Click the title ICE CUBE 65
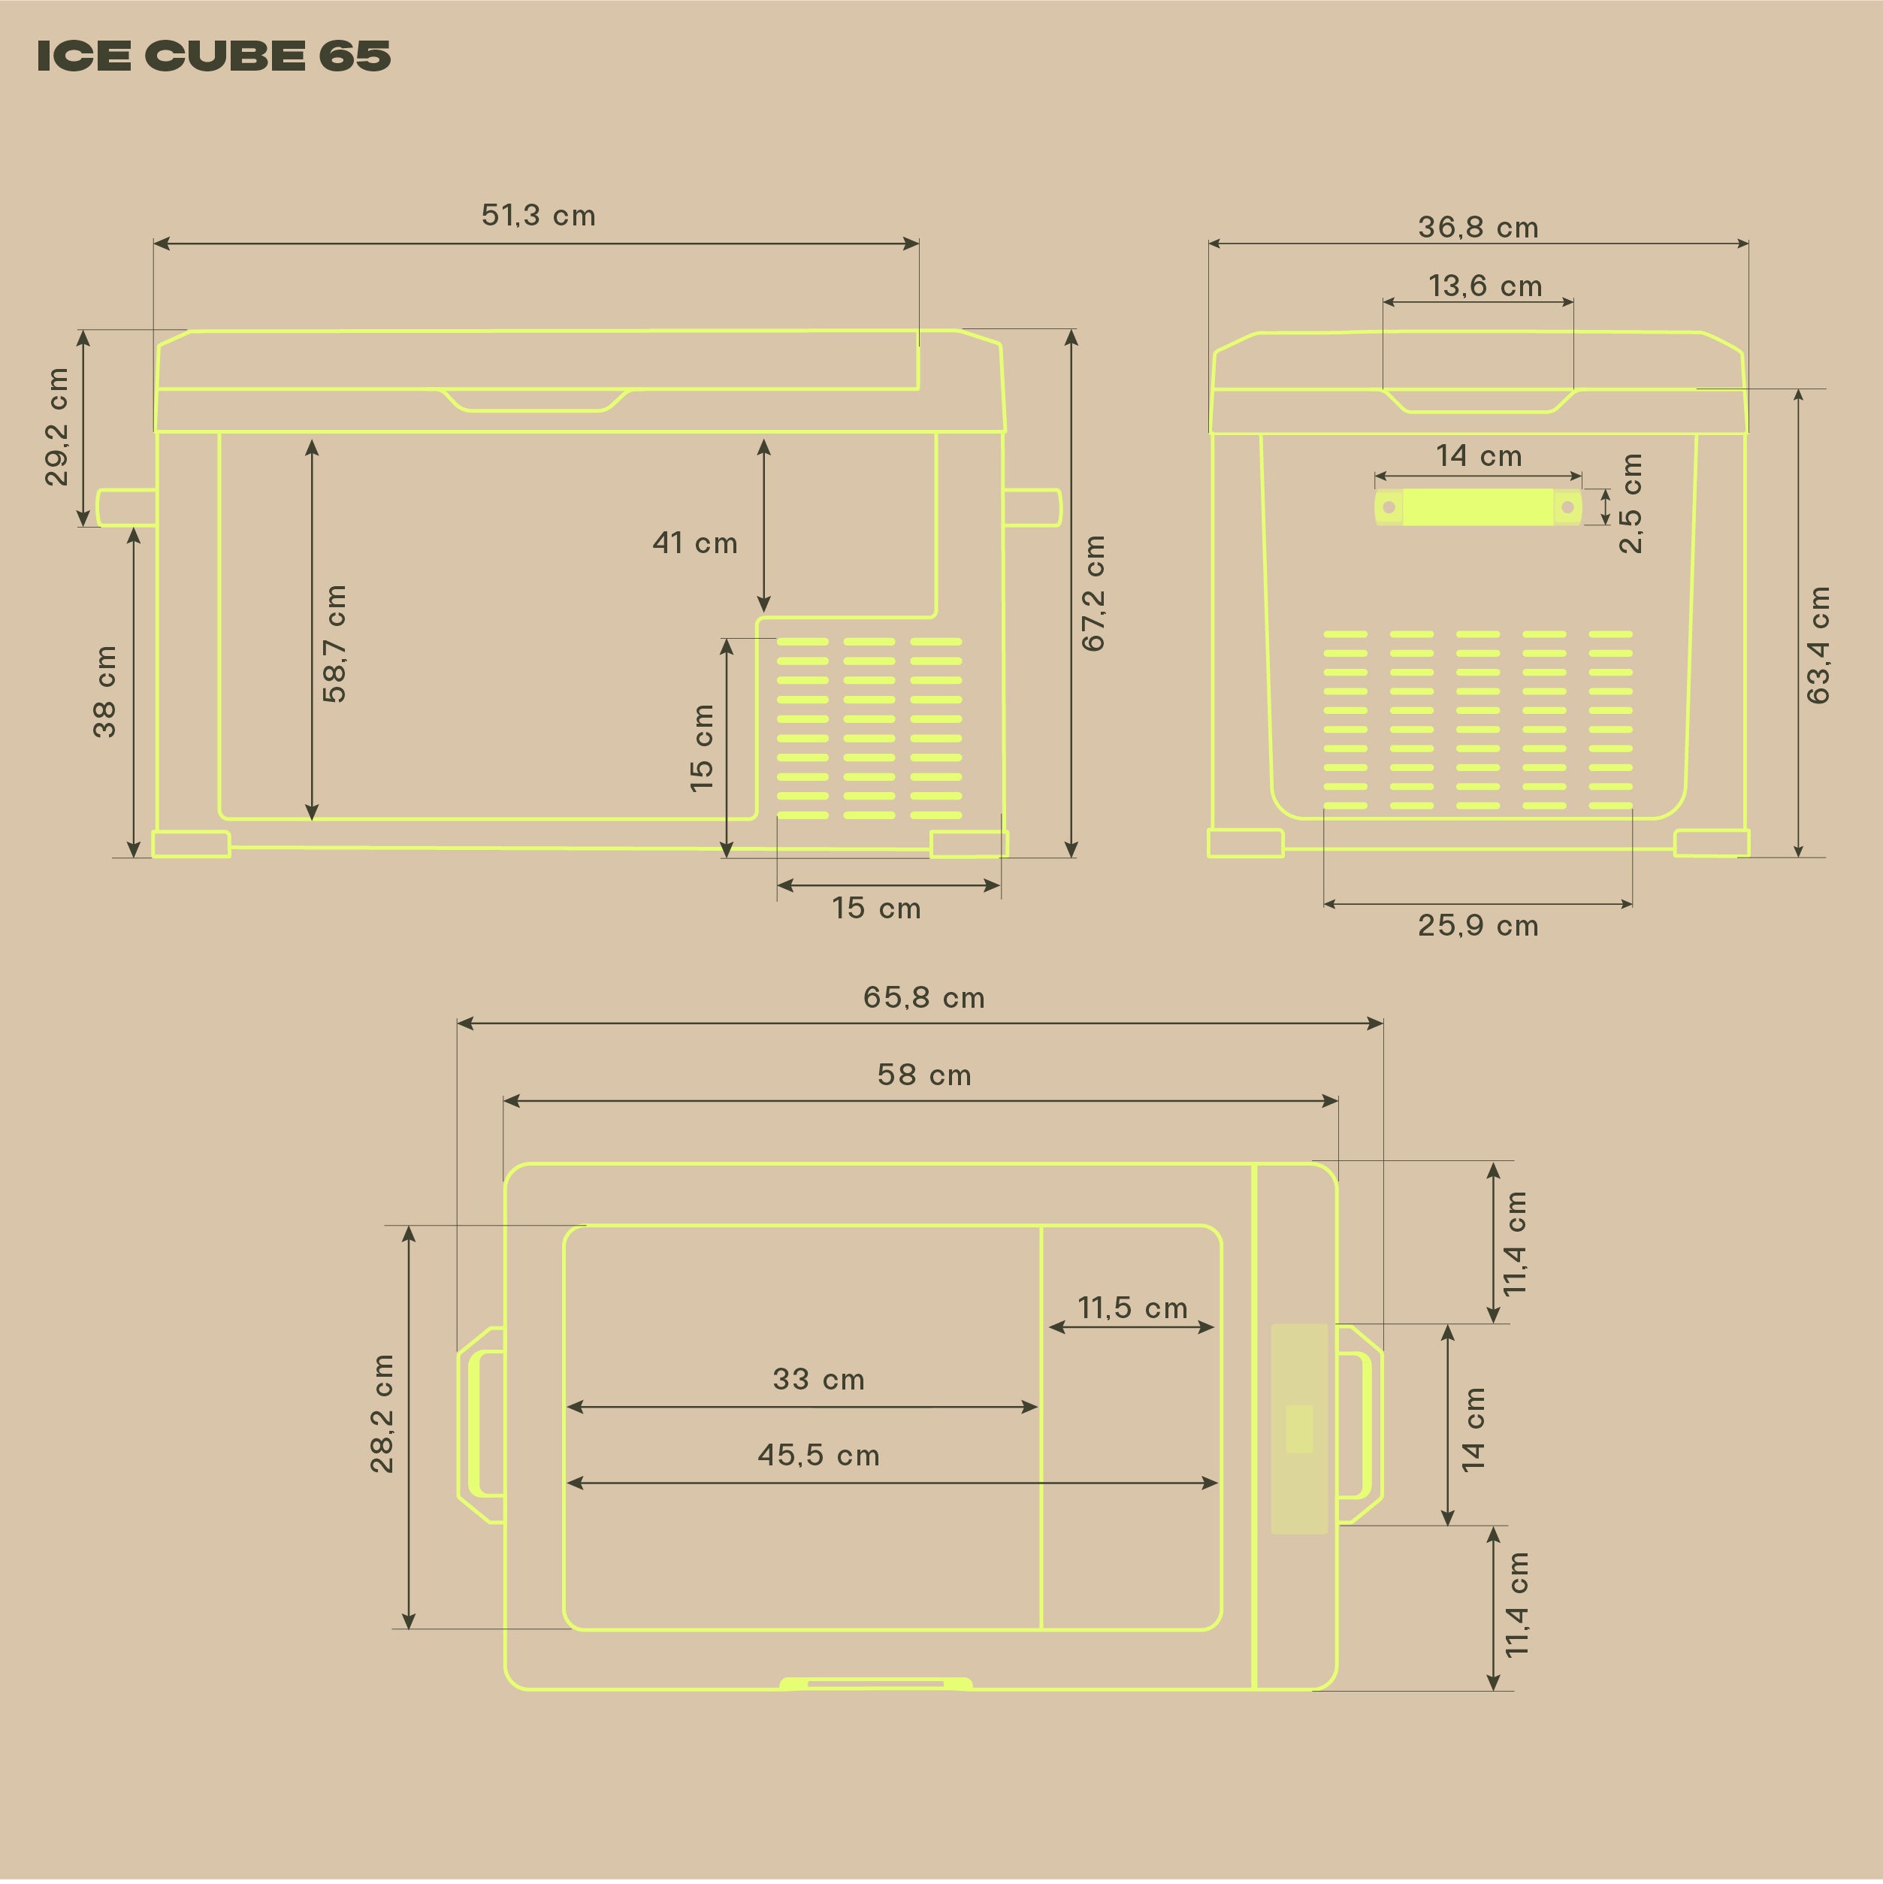click(213, 56)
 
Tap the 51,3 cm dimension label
click(538, 216)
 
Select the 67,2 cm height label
click(1093, 593)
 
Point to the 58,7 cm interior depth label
click(334, 643)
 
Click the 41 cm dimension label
click(694, 543)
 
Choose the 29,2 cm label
click(58, 426)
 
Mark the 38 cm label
click(104, 691)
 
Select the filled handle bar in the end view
click(1477, 507)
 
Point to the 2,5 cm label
click(1631, 504)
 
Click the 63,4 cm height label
click(1818, 645)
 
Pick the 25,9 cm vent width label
click(1477, 925)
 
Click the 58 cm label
click(923, 1075)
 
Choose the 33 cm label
click(818, 1380)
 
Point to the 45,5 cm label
click(818, 1456)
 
